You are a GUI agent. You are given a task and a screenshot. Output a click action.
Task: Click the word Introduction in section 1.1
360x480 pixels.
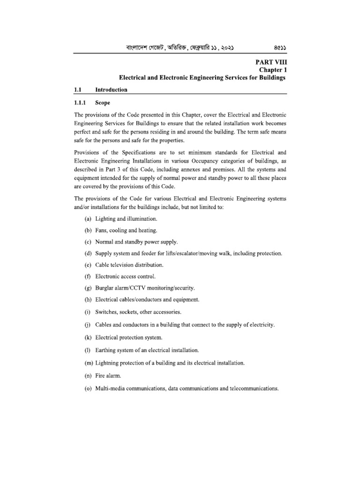(x=111, y=89)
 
